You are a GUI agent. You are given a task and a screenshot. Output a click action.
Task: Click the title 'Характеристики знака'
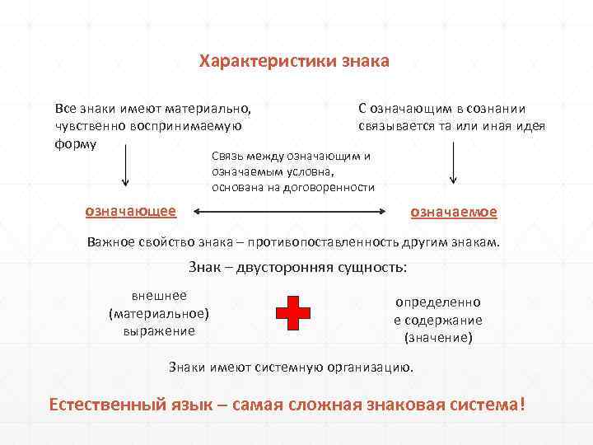[x=294, y=62]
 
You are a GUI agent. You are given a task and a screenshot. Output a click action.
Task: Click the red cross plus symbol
[x=293, y=314]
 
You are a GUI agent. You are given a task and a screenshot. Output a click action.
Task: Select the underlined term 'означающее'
[x=131, y=211]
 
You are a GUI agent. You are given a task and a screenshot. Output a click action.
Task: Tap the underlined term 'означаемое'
[x=454, y=212]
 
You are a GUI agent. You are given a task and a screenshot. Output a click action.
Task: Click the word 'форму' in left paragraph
[x=75, y=143]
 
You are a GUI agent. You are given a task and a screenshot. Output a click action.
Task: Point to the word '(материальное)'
[x=159, y=313]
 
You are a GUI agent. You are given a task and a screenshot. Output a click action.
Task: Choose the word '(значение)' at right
[x=438, y=337]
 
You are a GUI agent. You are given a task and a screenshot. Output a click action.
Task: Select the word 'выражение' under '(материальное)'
[x=159, y=330]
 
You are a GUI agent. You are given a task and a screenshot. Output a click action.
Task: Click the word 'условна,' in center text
[x=310, y=172]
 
